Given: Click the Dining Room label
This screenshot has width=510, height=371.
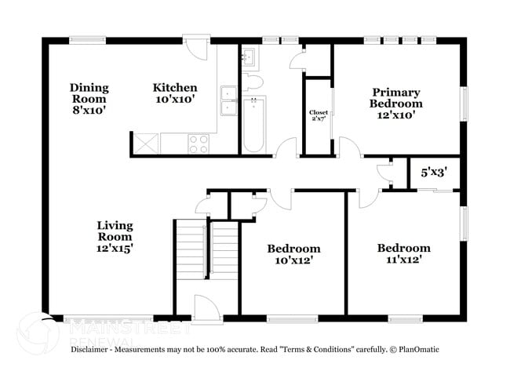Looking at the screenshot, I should [x=89, y=99].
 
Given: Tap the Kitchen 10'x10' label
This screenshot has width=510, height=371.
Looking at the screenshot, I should [x=174, y=93].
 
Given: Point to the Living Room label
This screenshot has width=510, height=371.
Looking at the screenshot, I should [x=115, y=236].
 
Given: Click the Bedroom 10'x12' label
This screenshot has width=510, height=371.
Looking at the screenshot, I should [x=293, y=254].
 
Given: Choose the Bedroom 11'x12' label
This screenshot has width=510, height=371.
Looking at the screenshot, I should [x=403, y=254].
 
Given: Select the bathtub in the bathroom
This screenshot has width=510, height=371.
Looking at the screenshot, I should [x=254, y=125].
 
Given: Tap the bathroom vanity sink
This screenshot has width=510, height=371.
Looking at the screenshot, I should [x=249, y=57].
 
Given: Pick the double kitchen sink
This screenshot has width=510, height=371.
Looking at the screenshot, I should [x=229, y=100].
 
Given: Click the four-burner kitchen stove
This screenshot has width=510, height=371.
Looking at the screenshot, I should [x=199, y=144].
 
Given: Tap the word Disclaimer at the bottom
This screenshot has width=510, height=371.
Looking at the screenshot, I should [x=94, y=348].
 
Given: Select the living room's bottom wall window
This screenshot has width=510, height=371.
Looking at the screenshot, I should [x=91, y=319].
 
